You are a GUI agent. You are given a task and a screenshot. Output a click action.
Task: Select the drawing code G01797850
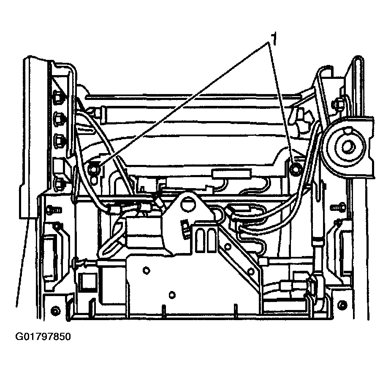click(x=43, y=337)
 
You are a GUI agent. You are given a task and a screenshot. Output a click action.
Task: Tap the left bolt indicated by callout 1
click(x=94, y=169)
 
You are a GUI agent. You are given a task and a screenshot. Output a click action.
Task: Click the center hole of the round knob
click(x=348, y=146)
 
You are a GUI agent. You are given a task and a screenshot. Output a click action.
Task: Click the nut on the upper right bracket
click(x=338, y=103)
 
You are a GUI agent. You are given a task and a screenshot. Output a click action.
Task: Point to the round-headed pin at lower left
click(x=77, y=264)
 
